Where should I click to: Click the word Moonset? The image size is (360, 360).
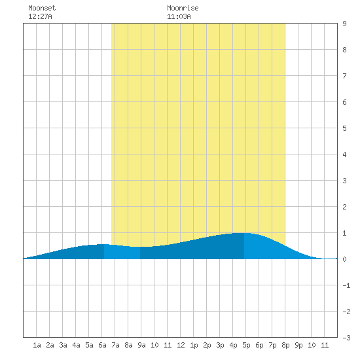point(42,8)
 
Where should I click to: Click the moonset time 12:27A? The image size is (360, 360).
point(40,16)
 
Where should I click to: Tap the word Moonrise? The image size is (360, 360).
point(183,8)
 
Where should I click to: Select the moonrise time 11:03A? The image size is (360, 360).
point(179,16)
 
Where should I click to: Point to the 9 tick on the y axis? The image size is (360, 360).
point(344,24)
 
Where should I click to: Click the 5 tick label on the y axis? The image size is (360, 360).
point(344,128)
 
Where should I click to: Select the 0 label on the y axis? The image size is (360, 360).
point(344,259)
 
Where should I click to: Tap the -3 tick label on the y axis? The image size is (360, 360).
point(346,338)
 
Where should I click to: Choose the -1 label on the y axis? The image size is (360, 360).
point(346,285)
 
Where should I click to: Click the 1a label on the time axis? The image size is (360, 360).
point(37,345)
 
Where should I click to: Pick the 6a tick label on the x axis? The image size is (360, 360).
point(102,345)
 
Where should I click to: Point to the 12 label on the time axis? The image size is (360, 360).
point(181,345)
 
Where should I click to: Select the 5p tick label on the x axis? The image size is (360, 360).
point(246,345)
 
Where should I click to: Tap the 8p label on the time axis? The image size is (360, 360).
point(285,345)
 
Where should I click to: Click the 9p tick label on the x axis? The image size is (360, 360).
point(298,345)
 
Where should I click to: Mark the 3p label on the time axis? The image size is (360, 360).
point(220,345)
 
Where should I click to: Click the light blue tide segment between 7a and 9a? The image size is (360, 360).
point(122,253)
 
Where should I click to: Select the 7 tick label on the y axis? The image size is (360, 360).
point(344,76)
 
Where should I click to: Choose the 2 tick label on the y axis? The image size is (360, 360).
point(344,207)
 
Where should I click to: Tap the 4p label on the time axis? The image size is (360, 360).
point(233,345)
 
